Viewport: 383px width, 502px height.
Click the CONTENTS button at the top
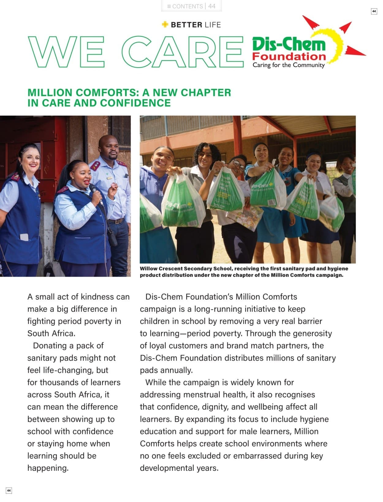coord(185,6)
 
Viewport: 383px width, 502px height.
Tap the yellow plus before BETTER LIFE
coord(165,25)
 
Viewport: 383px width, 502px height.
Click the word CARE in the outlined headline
coord(182,52)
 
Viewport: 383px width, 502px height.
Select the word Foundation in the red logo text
coord(289,56)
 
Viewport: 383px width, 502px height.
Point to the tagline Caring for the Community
coord(288,65)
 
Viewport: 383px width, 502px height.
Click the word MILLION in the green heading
coord(50,93)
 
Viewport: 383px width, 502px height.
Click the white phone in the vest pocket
coord(24,237)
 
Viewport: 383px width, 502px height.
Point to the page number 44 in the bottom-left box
coord(9,490)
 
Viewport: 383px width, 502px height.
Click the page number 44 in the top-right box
coord(374,11)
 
